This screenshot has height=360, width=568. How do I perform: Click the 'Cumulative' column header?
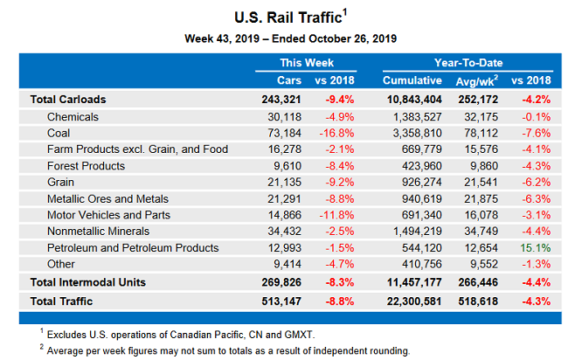click(412, 80)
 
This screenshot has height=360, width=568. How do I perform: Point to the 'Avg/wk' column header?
click(475, 80)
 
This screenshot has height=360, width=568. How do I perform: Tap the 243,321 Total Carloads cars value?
click(281, 99)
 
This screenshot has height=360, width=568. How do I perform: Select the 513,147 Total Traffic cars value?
click(281, 302)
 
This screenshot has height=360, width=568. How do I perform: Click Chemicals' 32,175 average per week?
click(483, 116)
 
